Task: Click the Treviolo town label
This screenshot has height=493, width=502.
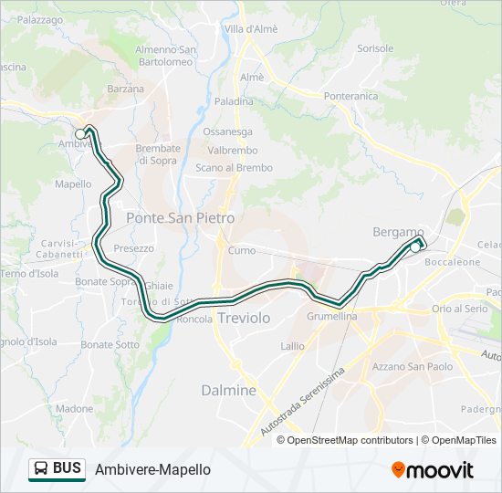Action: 244,318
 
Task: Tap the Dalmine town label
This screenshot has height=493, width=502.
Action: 228,390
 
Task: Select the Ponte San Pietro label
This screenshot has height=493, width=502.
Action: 180,218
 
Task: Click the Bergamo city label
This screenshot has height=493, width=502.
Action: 399,232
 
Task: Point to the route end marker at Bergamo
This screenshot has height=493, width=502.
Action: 415,246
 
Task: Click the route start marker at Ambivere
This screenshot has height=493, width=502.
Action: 80,134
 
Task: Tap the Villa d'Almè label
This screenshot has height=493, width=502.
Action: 251,29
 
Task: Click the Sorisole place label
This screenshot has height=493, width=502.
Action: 375,48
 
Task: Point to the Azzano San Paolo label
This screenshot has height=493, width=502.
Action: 412,367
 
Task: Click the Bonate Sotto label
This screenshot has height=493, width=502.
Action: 110,345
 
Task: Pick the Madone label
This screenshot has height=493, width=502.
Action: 74,409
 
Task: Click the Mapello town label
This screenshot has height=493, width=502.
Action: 73,184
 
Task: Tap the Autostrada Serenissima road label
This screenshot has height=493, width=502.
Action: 302,402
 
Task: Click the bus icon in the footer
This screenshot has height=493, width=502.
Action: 40,469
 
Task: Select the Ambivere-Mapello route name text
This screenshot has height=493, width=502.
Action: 152,469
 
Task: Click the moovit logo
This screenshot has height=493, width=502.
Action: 433,469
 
